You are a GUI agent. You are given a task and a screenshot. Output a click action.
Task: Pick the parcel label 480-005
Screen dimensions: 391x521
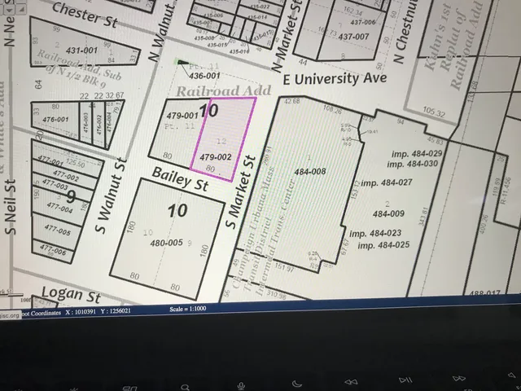point(165,242)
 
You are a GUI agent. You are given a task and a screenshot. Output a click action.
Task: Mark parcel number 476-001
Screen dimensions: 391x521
point(55,119)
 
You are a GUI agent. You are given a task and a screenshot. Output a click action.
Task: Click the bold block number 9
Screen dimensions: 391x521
point(71,195)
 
